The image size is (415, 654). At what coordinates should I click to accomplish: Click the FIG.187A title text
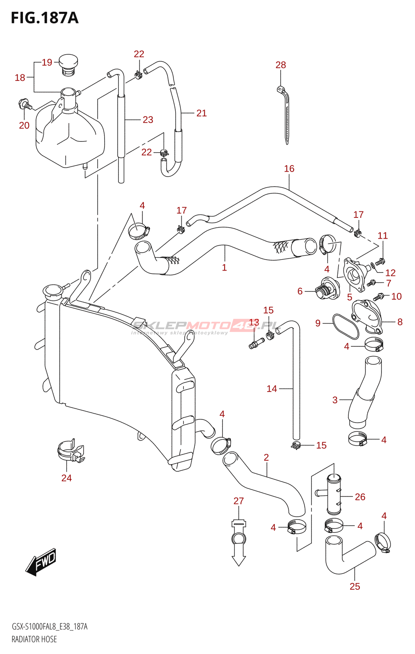point(45,18)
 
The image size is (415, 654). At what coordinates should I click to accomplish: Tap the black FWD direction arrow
point(40,562)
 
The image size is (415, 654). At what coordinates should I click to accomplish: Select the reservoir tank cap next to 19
point(68,65)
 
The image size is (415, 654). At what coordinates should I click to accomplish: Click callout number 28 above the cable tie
point(281,65)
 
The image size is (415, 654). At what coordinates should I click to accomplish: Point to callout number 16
point(289,168)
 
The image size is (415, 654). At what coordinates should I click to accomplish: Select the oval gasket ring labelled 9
point(346,327)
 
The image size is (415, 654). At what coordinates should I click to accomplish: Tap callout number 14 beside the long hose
point(272,389)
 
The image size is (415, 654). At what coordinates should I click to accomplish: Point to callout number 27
point(239,501)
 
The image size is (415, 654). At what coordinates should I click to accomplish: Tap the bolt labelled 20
point(25,104)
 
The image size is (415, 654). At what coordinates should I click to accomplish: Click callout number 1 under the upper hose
point(224,267)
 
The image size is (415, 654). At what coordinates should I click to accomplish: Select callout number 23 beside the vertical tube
point(148,120)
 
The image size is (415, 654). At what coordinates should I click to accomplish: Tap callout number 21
point(201,113)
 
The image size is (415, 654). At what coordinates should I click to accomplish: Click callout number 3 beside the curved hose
point(335,400)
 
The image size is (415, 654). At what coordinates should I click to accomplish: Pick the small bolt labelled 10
point(379,297)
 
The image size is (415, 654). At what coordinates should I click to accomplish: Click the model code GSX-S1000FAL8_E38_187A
point(49,627)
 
